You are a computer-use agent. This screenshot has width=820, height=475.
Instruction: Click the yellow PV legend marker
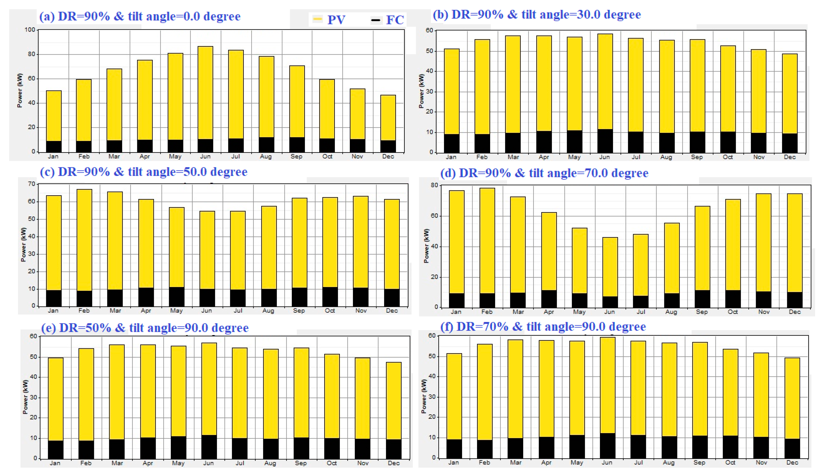point(317,19)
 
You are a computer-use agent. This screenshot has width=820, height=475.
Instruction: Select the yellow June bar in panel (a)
point(205,93)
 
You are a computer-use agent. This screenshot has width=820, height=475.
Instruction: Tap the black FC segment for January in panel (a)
point(54,147)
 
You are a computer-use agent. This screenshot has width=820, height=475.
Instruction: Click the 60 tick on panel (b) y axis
point(429,30)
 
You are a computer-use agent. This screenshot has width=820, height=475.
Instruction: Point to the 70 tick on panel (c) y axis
point(32,184)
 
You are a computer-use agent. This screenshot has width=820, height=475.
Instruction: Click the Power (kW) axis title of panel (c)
point(23,244)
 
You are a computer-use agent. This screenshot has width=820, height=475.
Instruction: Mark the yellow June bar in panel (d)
point(610,267)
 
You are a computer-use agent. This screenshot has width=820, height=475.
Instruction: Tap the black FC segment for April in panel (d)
point(549,299)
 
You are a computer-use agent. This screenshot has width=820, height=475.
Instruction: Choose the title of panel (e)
point(145,328)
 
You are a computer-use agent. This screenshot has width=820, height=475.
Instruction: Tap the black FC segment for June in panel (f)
point(608,446)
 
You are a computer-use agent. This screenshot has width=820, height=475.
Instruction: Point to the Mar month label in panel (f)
point(516,463)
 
